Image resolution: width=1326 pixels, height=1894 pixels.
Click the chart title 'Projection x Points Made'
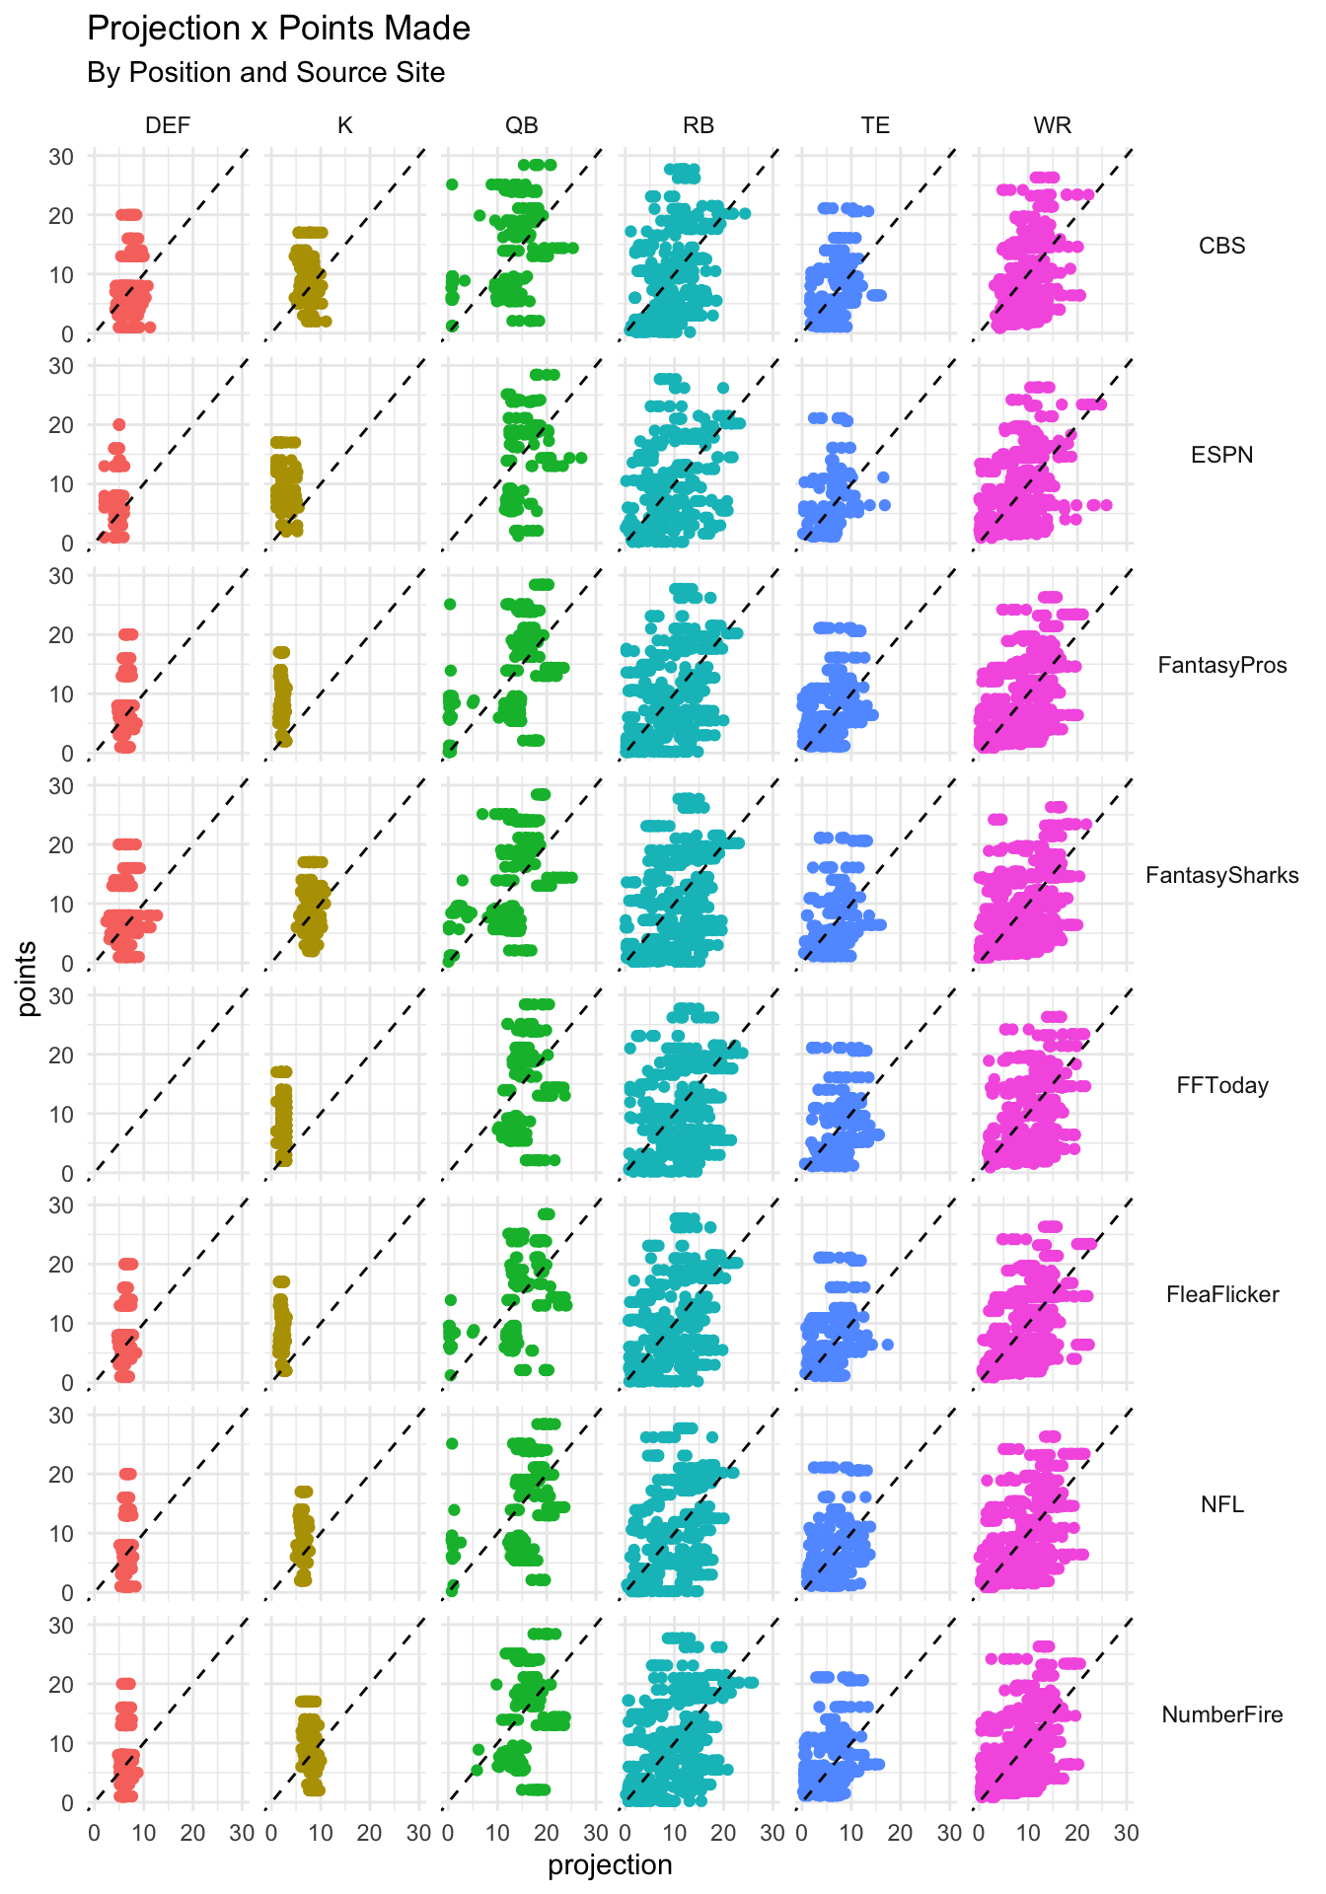[x=278, y=29]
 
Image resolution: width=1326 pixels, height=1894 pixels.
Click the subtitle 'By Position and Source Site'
[x=265, y=73]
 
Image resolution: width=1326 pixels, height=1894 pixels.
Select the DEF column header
[x=168, y=125]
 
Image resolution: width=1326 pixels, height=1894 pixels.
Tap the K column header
[x=344, y=125]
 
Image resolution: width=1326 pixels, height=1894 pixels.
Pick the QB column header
[x=521, y=125]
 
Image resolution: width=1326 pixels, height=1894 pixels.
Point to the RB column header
[x=699, y=125]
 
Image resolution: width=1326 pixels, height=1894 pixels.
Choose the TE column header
[x=875, y=125]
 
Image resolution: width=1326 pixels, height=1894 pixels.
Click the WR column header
[x=1052, y=125]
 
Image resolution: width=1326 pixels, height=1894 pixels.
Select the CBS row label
[x=1221, y=246]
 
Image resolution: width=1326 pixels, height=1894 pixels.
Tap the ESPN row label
[x=1221, y=456]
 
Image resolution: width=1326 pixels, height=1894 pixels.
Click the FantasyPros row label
[x=1221, y=666]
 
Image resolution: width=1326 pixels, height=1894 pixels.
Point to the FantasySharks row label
[x=1221, y=876]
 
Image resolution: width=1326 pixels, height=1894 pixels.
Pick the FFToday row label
[x=1221, y=1086]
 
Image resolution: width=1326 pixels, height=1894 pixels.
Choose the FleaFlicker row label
[x=1221, y=1295]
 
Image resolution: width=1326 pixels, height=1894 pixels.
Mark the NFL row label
[x=1221, y=1505]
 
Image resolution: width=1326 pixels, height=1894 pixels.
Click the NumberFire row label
[x=1221, y=1715]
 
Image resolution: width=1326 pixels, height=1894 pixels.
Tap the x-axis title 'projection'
[x=610, y=1865]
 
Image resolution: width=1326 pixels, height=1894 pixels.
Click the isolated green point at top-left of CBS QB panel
[x=452, y=184]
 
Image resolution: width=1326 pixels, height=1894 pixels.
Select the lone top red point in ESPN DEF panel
[x=118, y=424]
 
